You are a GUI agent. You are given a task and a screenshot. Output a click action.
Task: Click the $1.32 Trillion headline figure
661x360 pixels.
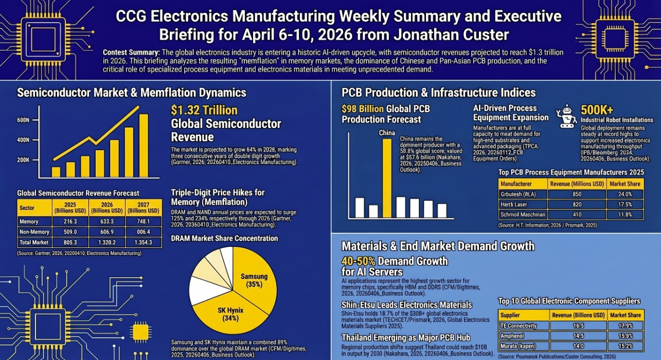(x=204, y=110)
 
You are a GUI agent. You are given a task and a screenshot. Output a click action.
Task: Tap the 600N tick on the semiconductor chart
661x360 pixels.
(x=23, y=120)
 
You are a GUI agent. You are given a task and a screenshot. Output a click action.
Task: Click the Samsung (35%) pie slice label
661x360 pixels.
(x=254, y=281)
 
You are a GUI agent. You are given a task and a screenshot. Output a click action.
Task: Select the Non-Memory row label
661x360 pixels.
(x=34, y=232)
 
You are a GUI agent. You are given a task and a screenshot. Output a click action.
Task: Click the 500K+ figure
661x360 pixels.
(x=597, y=110)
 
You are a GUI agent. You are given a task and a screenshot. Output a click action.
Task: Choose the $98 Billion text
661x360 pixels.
(x=363, y=109)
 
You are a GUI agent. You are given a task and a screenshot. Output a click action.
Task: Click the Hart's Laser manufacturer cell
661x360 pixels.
(x=523, y=204)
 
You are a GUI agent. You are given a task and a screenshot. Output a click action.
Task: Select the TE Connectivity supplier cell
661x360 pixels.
(x=523, y=326)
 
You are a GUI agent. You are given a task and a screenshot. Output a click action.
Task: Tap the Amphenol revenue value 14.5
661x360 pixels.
(x=579, y=335)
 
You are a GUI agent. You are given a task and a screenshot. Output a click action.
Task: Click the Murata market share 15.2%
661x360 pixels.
(x=625, y=346)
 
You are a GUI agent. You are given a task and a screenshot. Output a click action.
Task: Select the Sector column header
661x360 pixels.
(x=27, y=208)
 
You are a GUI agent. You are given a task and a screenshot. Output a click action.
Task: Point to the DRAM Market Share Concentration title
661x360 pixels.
(x=224, y=238)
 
